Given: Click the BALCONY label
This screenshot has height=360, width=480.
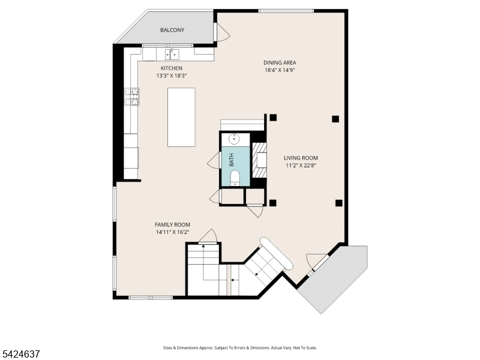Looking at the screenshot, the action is click(x=172, y=30).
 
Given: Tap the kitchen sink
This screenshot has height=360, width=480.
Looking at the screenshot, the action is click(x=172, y=54).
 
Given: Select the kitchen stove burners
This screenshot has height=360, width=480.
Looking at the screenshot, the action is click(x=131, y=97).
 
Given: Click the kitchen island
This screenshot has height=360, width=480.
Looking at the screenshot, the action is click(x=181, y=117).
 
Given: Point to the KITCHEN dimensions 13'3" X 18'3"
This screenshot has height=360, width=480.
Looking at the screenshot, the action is click(x=172, y=76).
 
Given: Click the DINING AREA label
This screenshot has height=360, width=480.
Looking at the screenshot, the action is click(x=280, y=63).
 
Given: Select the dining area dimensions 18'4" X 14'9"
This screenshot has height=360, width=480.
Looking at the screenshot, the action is click(x=280, y=70).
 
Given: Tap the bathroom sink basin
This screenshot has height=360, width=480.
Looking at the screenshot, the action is click(x=234, y=139).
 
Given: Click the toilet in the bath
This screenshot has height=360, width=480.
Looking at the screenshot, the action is click(x=235, y=178).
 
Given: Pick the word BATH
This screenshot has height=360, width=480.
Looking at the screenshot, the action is click(x=232, y=160).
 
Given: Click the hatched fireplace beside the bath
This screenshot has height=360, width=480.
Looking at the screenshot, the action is click(x=259, y=160).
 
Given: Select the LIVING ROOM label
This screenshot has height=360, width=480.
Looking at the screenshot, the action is click(x=301, y=158).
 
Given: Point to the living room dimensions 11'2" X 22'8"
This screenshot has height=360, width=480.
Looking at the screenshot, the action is click(x=301, y=166).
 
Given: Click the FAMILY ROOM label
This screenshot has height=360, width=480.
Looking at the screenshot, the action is click(x=172, y=224).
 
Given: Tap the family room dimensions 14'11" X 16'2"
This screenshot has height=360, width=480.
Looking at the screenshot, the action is click(x=173, y=232).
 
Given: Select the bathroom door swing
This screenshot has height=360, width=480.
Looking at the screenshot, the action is click(x=214, y=160).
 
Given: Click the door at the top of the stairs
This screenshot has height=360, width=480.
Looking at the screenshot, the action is click(x=208, y=236).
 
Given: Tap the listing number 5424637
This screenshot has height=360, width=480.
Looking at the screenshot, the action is click(x=20, y=354).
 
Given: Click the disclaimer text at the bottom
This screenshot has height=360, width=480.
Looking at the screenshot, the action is click(x=240, y=348).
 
